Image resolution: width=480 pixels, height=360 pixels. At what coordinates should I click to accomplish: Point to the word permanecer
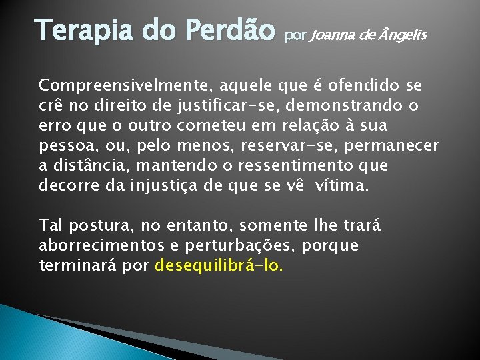pyautogui.click(x=397, y=146)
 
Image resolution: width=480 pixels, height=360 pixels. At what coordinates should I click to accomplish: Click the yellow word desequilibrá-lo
pyautogui.click(x=219, y=265)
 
